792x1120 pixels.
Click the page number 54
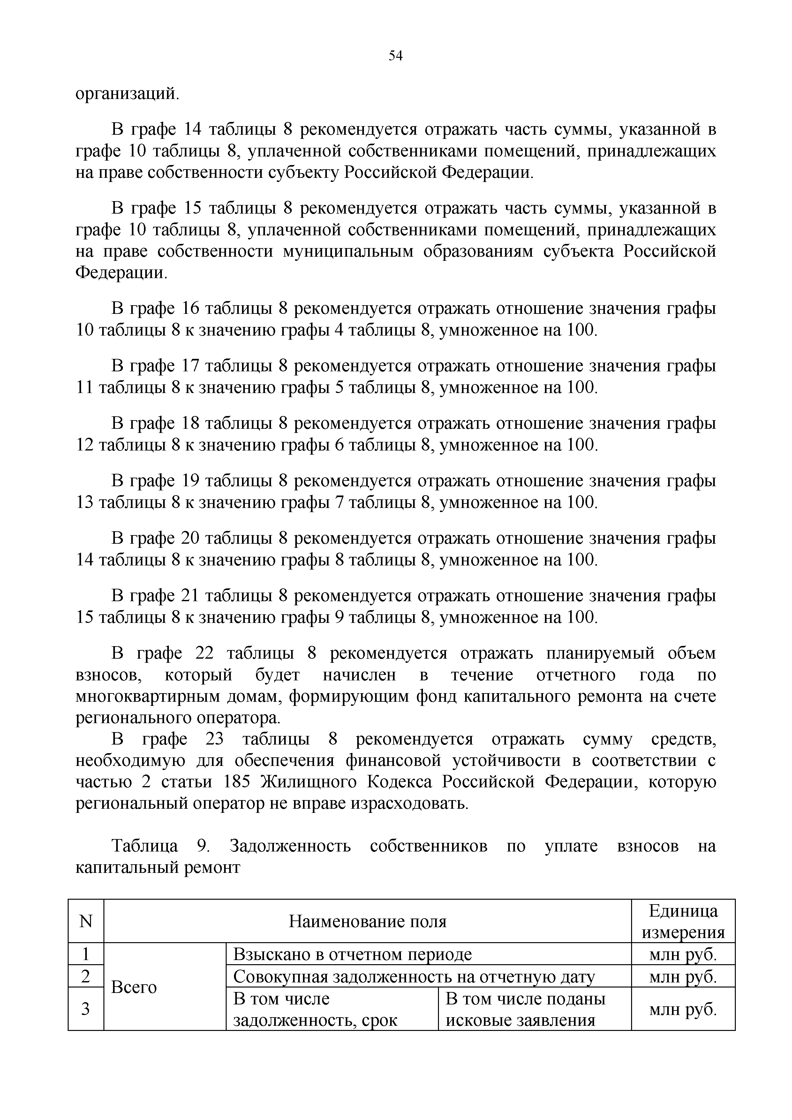tap(396, 56)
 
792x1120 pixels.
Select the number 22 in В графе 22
tap(205, 653)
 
